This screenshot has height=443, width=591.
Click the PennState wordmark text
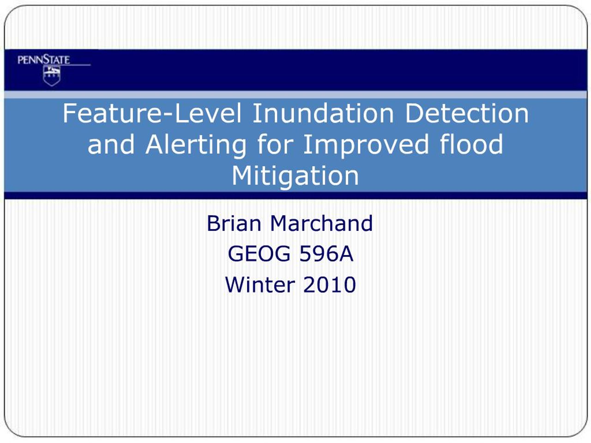pyautogui.click(x=44, y=59)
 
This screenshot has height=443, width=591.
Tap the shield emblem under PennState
pyautogui.click(x=52, y=76)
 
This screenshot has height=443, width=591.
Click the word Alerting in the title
pyautogui.click(x=196, y=145)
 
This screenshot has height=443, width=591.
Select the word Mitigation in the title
pyautogui.click(x=295, y=176)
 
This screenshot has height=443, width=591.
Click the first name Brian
pyautogui.click(x=234, y=223)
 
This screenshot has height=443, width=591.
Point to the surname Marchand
pyautogui.click(x=321, y=223)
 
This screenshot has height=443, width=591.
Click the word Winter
pyautogui.click(x=260, y=285)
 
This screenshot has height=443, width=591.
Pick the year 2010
pyautogui.click(x=330, y=285)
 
